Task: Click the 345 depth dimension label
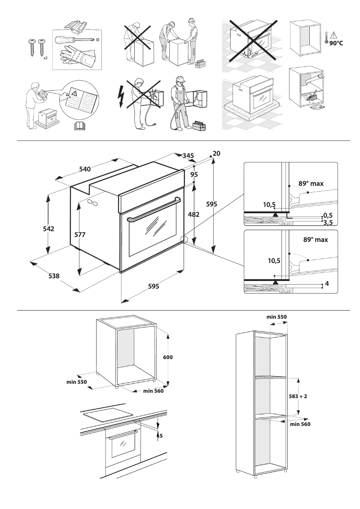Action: tap(188, 156)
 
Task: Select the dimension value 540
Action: tap(85, 169)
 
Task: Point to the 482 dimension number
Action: tap(193, 215)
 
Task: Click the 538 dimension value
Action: tap(54, 276)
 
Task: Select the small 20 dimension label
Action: tap(217, 154)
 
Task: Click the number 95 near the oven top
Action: tap(194, 175)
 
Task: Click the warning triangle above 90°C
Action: tap(334, 35)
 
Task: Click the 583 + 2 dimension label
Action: tap(299, 397)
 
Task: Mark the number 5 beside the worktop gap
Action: tap(160, 435)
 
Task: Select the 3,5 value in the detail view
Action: tap(328, 222)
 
